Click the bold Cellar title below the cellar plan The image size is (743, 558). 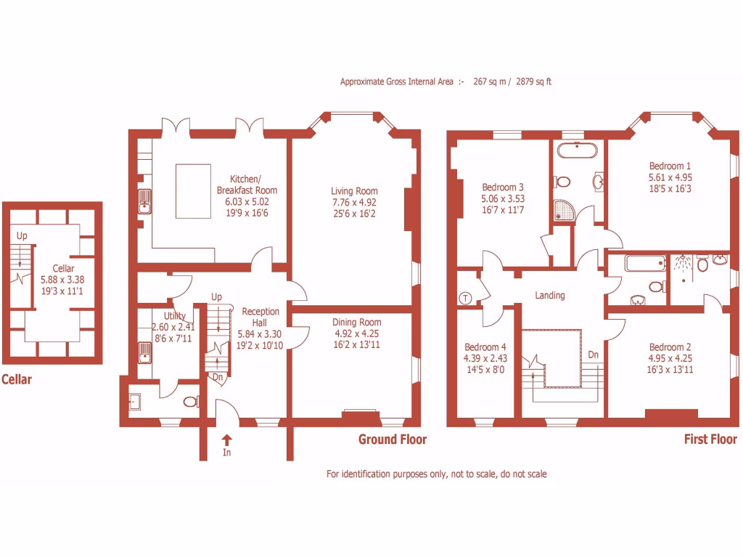pos(16,379)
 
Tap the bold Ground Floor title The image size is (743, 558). pos(393,439)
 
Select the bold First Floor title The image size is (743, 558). pos(710,439)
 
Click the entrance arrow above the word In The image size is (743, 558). pos(226,439)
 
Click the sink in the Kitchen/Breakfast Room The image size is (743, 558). pos(144,201)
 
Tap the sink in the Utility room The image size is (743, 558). pos(144,353)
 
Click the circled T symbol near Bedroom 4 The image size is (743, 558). pos(465,298)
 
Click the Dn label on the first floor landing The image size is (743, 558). pos(593,355)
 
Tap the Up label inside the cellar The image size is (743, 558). pos(22,236)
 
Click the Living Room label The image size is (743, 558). pos(354,192)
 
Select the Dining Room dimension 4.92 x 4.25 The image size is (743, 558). pos(356,333)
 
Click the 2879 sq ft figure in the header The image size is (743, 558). pos(533,82)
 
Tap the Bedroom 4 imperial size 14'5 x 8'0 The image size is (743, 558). pos(485,368)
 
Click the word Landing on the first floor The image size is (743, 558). pos(550,296)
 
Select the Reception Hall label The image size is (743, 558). pos(260,318)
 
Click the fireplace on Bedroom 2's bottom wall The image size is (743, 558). pos(671,414)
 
